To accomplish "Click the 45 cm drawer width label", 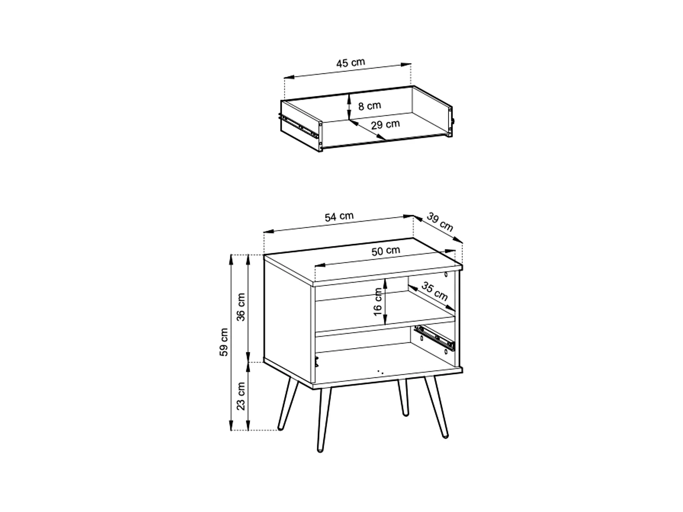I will [351, 62].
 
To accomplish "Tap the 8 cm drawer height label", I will [369, 106].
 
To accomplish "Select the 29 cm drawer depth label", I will [385, 124].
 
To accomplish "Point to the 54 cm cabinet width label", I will [339, 217].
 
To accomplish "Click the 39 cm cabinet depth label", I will [440, 222].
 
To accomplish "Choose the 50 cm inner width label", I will [386, 251].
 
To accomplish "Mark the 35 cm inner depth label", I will [434, 291].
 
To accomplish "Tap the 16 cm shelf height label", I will [377, 301].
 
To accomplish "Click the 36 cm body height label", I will [241, 307].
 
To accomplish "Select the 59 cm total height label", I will [224, 342].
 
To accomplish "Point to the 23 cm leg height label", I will [241, 395].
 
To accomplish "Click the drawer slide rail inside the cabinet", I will [435, 338].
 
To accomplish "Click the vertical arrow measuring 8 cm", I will [349, 106].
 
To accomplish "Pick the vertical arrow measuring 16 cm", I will [385, 301].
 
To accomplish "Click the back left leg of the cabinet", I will [288, 405].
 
